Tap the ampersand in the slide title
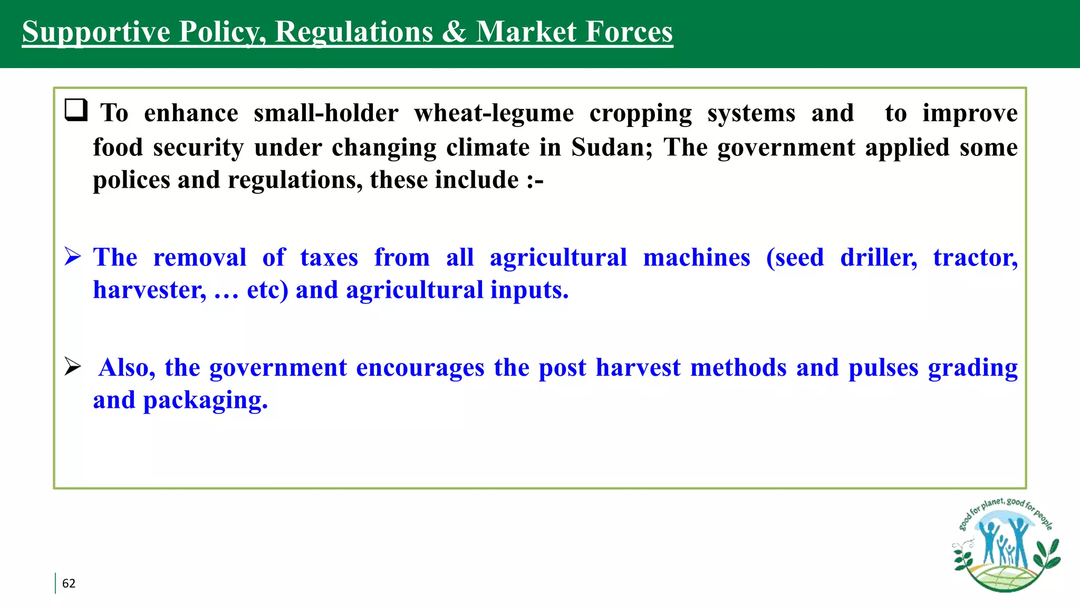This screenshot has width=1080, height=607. click(x=454, y=32)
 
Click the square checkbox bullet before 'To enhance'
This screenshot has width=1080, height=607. click(x=76, y=110)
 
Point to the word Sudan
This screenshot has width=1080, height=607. click(x=612, y=147)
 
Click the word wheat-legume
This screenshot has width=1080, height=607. click(x=494, y=113)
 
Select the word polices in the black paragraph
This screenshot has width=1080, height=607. click(x=131, y=180)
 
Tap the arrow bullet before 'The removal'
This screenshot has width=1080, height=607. click(x=73, y=257)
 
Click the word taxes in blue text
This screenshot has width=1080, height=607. click(x=329, y=258)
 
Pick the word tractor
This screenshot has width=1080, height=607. click(x=975, y=258)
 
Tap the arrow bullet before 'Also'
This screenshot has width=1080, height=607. click(x=73, y=366)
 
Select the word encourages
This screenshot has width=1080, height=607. click(x=420, y=368)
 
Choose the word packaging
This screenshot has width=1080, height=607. click(x=205, y=400)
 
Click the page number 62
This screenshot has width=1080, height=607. click(x=69, y=583)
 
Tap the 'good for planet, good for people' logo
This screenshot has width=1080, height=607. click(x=1006, y=545)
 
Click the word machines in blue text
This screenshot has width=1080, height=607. click(x=696, y=258)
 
